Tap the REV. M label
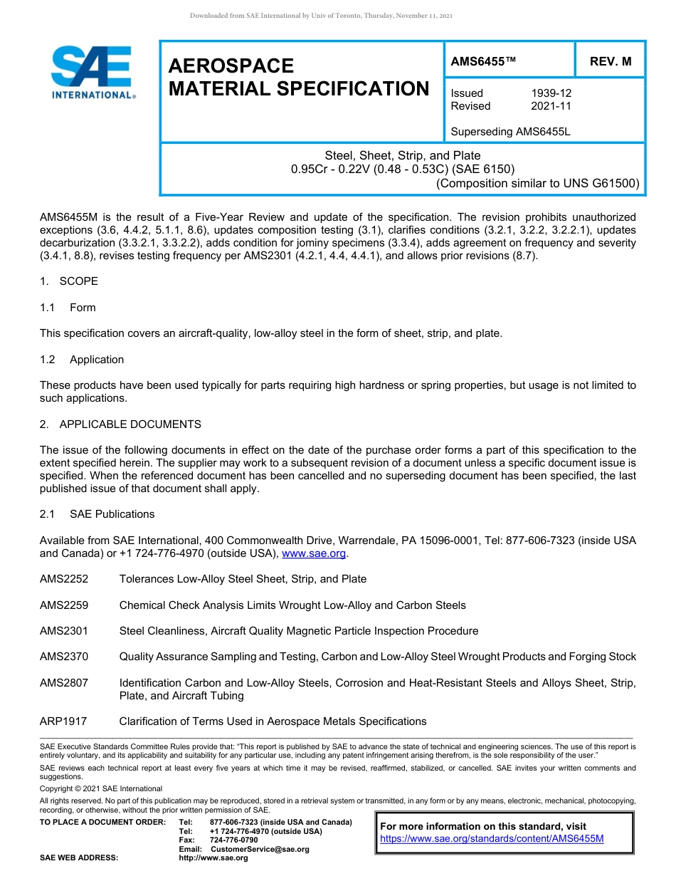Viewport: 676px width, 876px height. point(611,61)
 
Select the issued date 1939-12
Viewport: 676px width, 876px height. point(551,93)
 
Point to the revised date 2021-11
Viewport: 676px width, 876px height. point(551,106)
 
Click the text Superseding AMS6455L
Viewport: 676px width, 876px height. point(511,132)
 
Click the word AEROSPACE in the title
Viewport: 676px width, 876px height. point(231,66)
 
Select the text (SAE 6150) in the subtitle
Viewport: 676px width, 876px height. point(481,169)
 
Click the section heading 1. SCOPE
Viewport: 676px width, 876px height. point(69,281)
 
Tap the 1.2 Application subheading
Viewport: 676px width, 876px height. point(82,360)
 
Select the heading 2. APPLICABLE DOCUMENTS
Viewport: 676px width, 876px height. point(120,424)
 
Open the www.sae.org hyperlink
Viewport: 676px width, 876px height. point(314,553)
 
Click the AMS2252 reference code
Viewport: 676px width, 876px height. point(64,579)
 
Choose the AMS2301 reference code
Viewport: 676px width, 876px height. point(64,631)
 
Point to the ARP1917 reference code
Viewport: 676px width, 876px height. point(63,721)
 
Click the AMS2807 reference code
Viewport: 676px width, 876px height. point(64,683)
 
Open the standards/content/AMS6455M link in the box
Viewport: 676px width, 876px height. point(492,838)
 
